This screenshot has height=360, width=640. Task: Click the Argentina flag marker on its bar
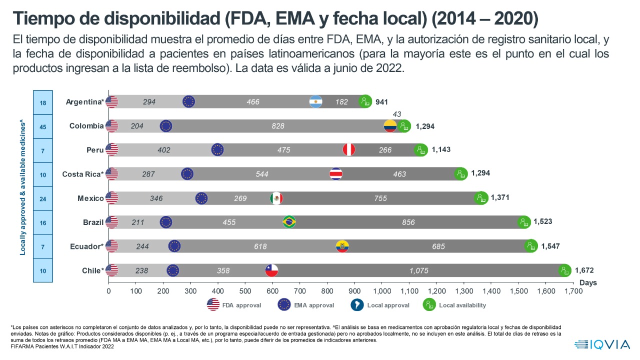(316, 101)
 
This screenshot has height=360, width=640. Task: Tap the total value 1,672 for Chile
(584, 270)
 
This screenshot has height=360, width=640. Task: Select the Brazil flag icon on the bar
(289, 222)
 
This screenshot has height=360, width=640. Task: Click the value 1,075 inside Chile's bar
(418, 270)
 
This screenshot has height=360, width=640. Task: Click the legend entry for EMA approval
(305, 305)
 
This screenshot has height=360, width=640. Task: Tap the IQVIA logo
(602, 344)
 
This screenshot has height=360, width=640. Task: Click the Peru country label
(94, 149)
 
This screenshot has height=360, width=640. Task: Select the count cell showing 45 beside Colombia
(43, 126)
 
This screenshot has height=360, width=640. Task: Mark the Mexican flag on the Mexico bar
(276, 198)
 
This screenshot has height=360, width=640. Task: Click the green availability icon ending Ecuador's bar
(530, 246)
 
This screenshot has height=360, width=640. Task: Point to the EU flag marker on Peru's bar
(217, 149)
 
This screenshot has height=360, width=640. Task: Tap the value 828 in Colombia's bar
(278, 126)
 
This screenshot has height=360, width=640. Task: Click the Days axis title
(588, 283)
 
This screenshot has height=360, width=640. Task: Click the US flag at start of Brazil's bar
(112, 222)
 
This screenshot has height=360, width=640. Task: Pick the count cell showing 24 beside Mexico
(43, 199)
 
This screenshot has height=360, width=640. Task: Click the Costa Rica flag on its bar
(336, 174)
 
